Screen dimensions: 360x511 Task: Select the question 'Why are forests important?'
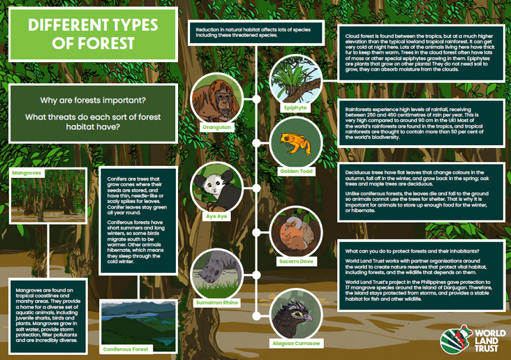[92, 100]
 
